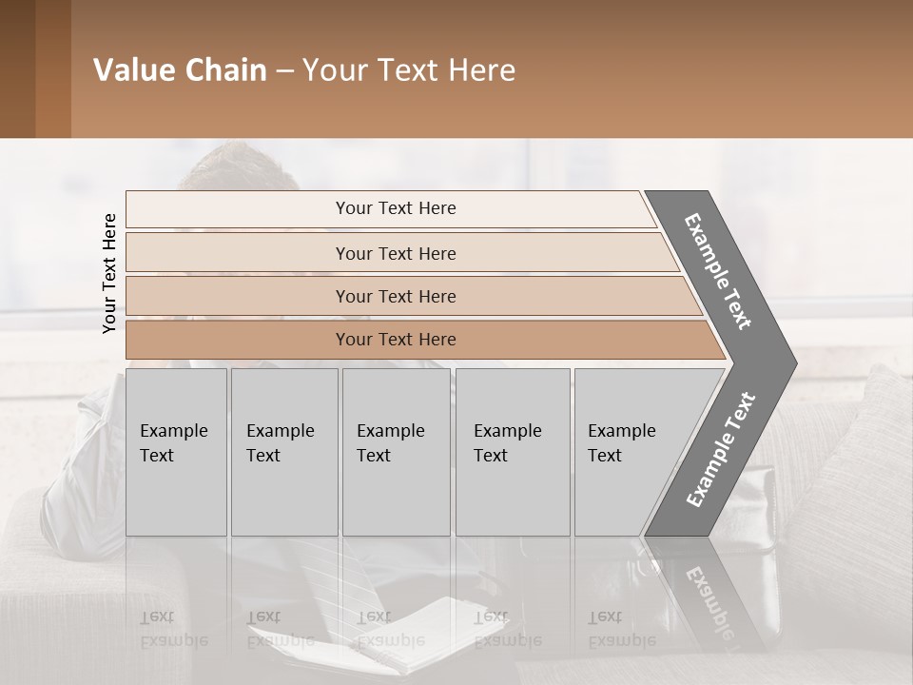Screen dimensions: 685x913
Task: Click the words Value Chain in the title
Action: coord(180,70)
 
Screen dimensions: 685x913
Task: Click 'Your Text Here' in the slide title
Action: coord(409,70)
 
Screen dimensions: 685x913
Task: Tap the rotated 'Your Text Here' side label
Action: coord(109,274)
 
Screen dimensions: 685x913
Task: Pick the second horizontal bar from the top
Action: coord(395,253)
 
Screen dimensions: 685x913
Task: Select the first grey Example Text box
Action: coord(176,452)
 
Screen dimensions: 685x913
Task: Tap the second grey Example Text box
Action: coord(283,452)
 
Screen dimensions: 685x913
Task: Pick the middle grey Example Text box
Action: coord(396,452)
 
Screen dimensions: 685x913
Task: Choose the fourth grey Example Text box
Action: coord(512,452)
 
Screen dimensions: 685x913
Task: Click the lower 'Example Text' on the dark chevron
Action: coord(721,449)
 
